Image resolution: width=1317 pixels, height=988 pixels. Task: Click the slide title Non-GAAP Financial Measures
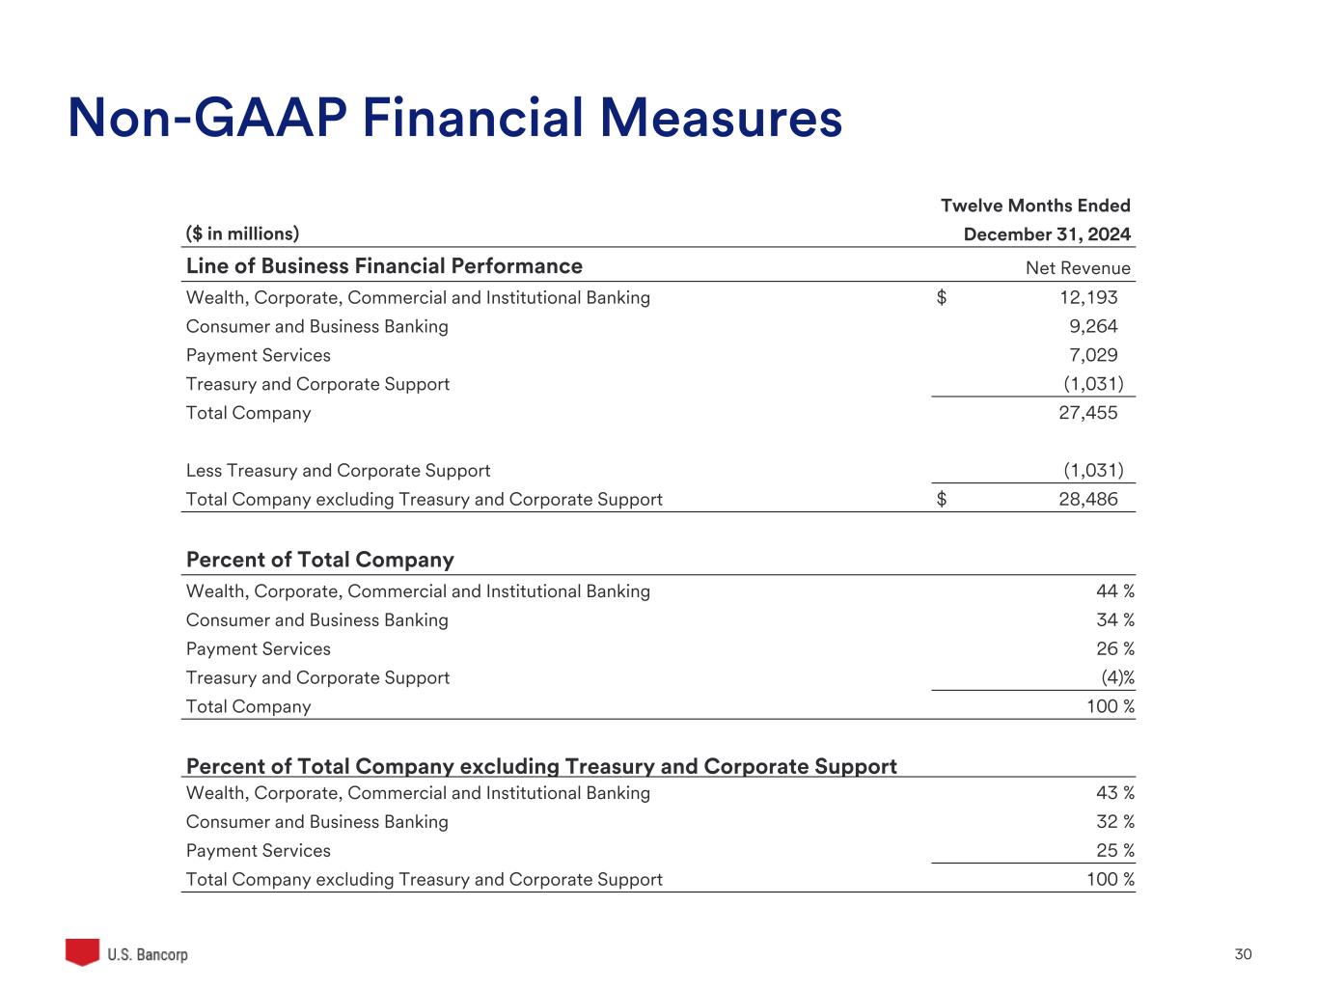click(x=454, y=119)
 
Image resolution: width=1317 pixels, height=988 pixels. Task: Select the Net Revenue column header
click(x=1078, y=268)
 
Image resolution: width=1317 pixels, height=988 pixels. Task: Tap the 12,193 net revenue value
click(x=1088, y=297)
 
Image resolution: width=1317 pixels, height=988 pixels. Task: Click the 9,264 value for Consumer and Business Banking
click(x=1093, y=326)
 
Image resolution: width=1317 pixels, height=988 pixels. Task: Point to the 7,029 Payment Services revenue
click(x=1093, y=355)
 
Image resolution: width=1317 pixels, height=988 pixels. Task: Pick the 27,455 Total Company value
click(x=1088, y=413)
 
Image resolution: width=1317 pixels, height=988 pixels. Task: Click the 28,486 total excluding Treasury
click(x=1088, y=500)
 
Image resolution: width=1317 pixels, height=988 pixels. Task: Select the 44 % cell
click(x=1114, y=591)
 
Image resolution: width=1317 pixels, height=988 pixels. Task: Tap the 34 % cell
click(x=1114, y=620)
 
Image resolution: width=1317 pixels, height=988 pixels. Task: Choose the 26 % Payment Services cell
click(x=1114, y=649)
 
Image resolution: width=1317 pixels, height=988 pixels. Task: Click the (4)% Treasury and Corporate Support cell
click(x=1117, y=678)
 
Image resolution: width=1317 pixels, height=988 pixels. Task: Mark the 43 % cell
click(x=1114, y=793)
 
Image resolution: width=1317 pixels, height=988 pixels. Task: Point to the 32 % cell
click(x=1114, y=822)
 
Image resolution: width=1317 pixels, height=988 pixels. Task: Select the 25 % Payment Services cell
click(x=1114, y=851)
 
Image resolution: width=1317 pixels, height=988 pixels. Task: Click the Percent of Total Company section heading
click(x=319, y=560)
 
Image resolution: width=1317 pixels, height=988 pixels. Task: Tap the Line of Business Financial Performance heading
click(x=384, y=266)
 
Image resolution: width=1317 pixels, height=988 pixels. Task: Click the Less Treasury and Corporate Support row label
click(x=338, y=471)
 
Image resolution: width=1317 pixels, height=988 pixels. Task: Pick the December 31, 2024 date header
click(x=1047, y=234)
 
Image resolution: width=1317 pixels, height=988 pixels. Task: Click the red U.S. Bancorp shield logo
click(x=82, y=951)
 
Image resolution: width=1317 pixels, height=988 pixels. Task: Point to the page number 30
click(x=1243, y=954)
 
